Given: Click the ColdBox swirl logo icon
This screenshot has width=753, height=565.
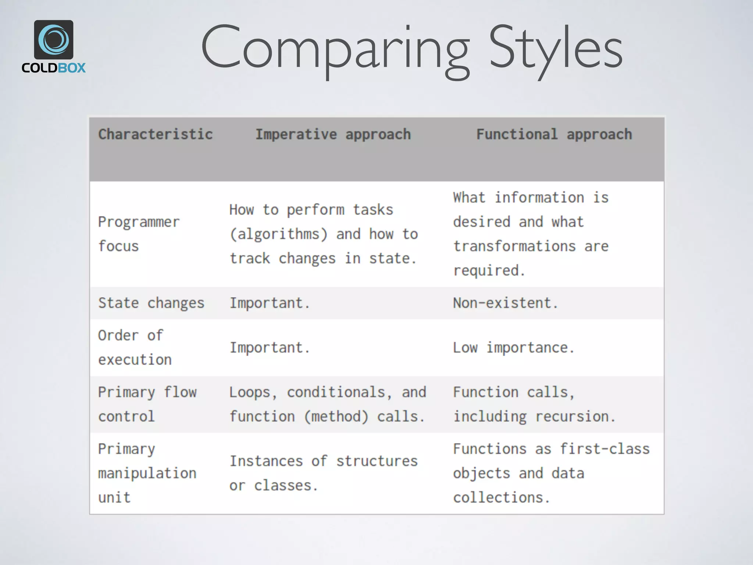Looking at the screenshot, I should tap(54, 40).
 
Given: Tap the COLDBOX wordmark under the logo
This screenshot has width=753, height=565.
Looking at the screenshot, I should tap(54, 68).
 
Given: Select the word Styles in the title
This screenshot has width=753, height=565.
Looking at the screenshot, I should tap(555, 48).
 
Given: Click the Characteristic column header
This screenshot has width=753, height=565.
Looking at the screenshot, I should tap(155, 135).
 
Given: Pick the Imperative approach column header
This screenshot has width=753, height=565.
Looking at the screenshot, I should tap(333, 135).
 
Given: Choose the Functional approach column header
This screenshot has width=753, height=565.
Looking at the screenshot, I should tap(554, 135).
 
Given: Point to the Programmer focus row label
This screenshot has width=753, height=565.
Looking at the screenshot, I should tap(139, 234).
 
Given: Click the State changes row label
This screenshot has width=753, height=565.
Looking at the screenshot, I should tap(151, 303).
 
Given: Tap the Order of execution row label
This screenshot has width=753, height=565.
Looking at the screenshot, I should tap(135, 347).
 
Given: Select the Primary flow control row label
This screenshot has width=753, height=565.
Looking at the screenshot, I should tap(147, 404).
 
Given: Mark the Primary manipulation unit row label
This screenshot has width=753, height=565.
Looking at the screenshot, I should tap(147, 473).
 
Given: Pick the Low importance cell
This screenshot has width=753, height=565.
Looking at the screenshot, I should tap(514, 348).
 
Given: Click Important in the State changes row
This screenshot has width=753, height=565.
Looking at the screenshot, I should tap(270, 303).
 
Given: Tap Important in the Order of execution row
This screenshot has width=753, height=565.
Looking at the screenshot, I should tap(270, 348).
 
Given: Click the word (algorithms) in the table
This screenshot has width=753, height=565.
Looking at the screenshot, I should tap(278, 234).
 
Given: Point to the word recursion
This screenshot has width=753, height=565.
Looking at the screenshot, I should tap(575, 416).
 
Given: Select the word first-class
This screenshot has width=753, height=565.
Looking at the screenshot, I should tap(605, 449).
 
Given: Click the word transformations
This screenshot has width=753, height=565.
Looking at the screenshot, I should tap(514, 246).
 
